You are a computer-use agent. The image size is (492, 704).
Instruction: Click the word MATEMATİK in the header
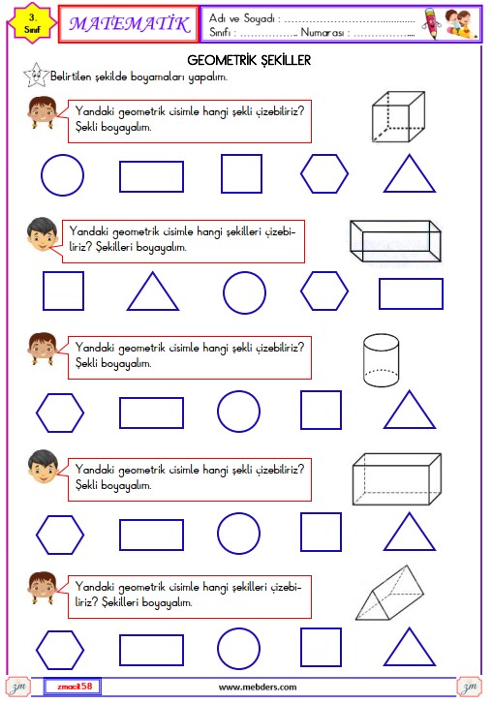pyautogui.click(x=129, y=24)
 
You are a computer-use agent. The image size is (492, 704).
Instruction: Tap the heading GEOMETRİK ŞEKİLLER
pyautogui.click(x=249, y=60)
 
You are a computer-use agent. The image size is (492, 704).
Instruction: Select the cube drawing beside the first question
pyautogui.click(x=398, y=117)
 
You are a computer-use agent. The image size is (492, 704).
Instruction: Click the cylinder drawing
pyautogui.click(x=381, y=360)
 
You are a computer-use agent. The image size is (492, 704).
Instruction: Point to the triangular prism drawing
pyautogui.click(x=389, y=593)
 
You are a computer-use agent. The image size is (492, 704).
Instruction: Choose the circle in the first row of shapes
pyautogui.click(x=42, y=175)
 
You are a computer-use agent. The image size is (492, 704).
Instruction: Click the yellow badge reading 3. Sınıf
pyautogui.click(x=32, y=24)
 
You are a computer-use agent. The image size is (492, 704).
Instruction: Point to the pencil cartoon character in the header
pyautogui.click(x=432, y=23)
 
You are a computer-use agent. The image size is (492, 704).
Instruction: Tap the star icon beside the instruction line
pyautogui.click(x=36, y=76)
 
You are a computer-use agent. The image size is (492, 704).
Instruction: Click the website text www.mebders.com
pyautogui.click(x=258, y=687)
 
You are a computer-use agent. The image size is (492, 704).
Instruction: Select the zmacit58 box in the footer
pyautogui.click(x=73, y=687)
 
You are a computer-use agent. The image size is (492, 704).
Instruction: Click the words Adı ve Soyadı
pyautogui.click(x=242, y=18)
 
